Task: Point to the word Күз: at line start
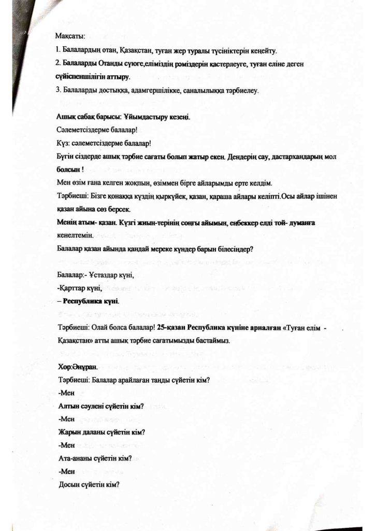[62, 143]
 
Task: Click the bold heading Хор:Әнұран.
[78, 367]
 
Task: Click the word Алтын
[70, 406]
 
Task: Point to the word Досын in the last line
[70, 485]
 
